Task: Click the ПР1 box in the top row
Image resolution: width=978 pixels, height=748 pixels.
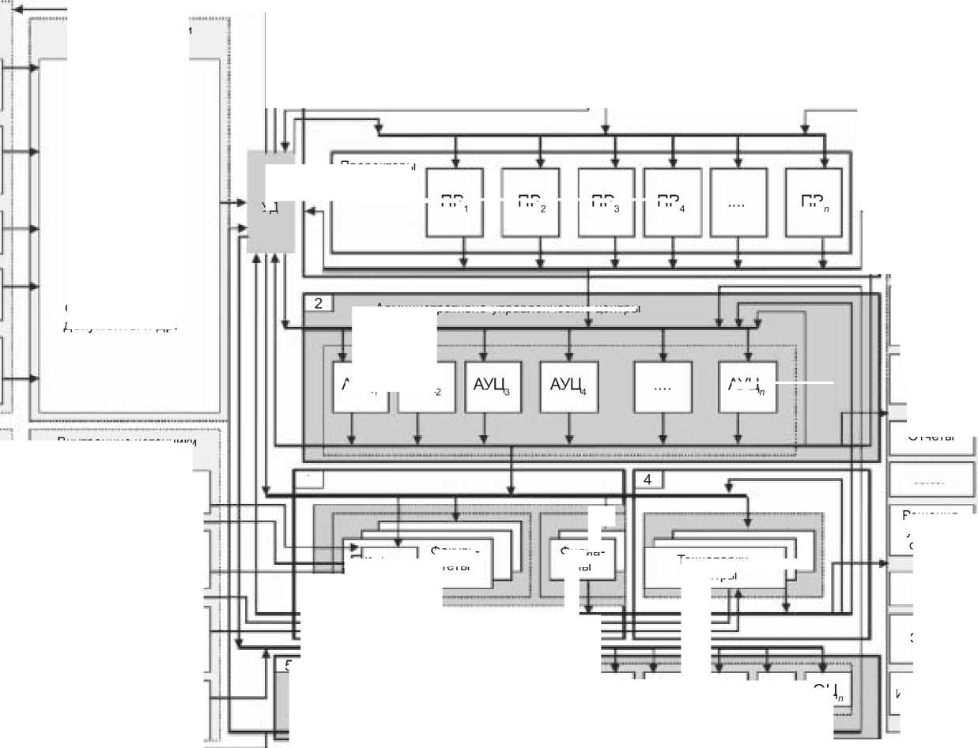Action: tap(454, 202)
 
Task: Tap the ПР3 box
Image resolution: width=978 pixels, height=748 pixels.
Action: tap(606, 202)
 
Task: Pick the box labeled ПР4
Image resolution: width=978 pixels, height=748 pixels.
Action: tap(672, 202)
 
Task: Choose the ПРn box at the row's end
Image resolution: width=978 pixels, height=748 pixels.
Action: tap(814, 202)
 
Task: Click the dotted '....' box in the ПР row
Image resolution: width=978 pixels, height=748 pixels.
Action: tap(738, 202)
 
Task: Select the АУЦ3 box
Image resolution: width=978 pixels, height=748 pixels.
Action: tap(493, 386)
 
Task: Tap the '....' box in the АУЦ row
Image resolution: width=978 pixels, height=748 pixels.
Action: tap(663, 386)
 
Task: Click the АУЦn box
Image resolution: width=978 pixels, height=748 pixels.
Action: tap(747, 386)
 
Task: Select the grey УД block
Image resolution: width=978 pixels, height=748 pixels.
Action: tap(270, 202)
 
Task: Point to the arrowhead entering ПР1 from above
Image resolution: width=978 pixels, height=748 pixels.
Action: tap(455, 162)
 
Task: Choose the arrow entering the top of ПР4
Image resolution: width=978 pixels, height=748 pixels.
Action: tap(673, 162)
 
